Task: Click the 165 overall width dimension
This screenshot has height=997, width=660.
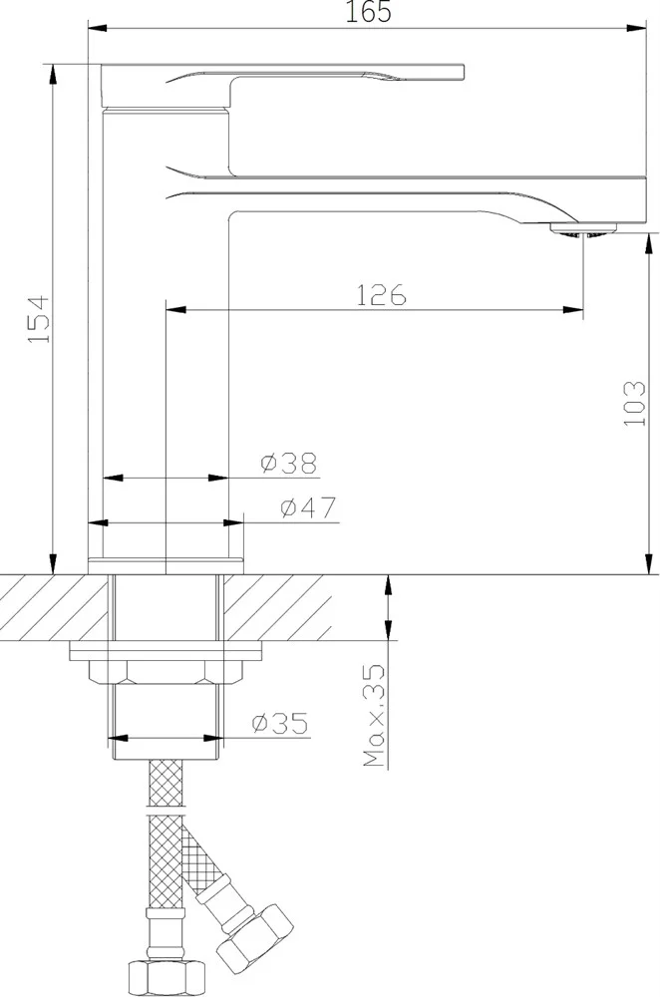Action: click(x=368, y=12)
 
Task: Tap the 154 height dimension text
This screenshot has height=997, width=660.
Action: click(x=39, y=319)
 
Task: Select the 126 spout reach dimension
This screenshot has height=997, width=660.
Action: click(x=380, y=295)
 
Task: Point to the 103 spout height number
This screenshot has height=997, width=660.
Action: click(x=634, y=403)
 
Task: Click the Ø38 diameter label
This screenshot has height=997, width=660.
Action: click(x=289, y=463)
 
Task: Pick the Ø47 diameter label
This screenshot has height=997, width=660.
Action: click(x=308, y=507)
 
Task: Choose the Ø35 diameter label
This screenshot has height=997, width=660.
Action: click(x=280, y=723)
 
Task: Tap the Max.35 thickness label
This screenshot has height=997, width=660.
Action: click(x=374, y=715)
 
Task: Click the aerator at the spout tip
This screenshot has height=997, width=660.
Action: click(x=583, y=229)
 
